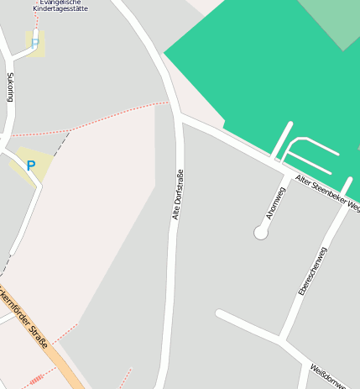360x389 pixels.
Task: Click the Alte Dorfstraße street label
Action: tap(177, 194)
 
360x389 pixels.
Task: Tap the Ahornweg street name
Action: tap(276, 202)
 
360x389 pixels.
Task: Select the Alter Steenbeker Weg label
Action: tap(327, 193)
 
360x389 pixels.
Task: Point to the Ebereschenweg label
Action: tap(313, 270)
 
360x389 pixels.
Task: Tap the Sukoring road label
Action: tap(10, 87)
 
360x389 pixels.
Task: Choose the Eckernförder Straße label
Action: tap(26, 320)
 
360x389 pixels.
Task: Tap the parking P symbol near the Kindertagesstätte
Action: tap(35, 42)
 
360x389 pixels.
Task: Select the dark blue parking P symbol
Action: tap(31, 166)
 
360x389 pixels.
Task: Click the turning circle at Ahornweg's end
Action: tap(261, 233)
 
